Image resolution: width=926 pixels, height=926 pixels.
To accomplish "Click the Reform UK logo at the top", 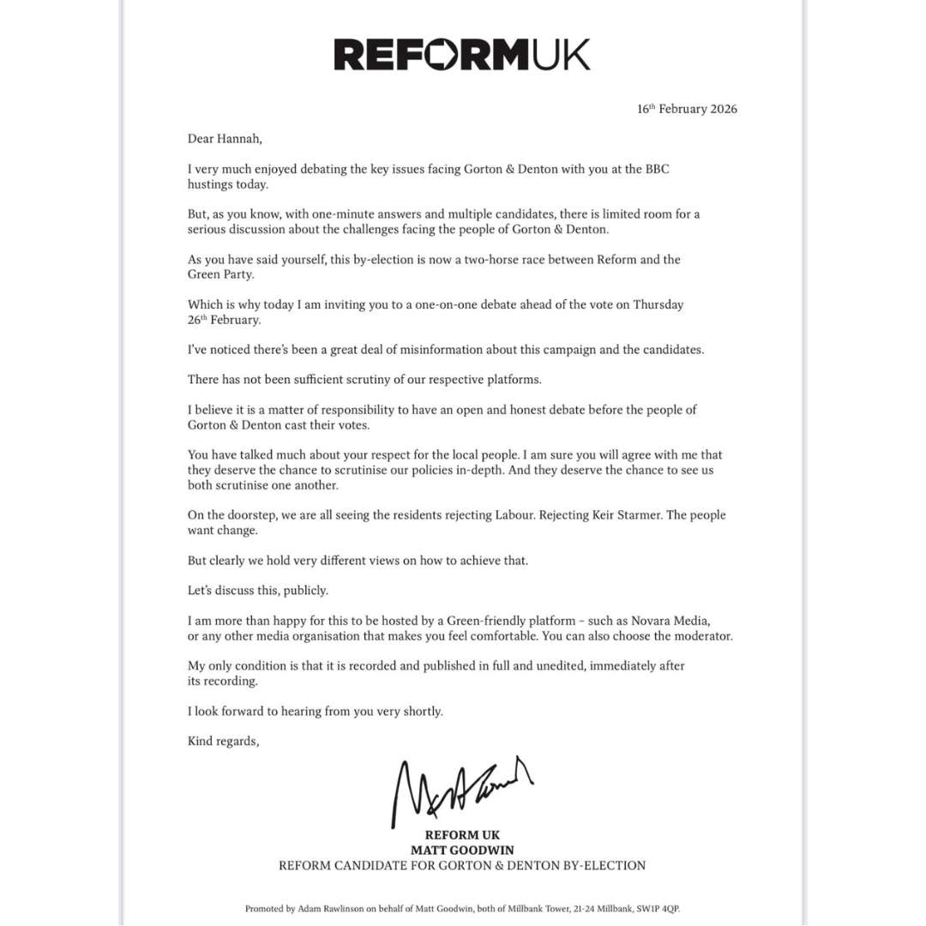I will point(462,55).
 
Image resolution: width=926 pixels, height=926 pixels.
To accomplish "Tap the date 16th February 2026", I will point(687,109).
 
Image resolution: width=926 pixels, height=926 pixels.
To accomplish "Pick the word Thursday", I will point(658,304).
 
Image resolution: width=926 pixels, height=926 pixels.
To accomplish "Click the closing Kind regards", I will point(223,741).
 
